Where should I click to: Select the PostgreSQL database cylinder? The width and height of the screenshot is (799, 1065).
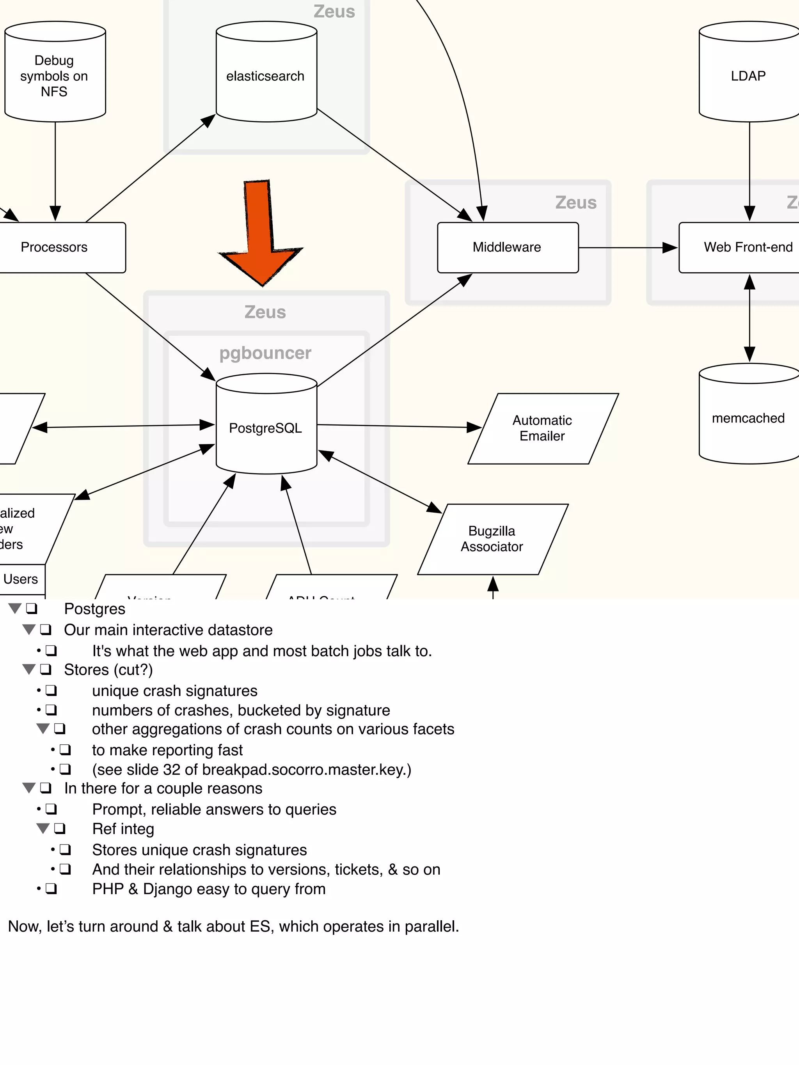(266, 428)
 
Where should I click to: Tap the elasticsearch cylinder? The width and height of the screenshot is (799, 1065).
(266, 76)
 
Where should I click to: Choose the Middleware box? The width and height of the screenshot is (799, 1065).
(507, 247)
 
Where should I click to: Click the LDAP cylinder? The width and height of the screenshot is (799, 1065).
(748, 76)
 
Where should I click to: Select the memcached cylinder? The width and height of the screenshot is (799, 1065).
(748, 418)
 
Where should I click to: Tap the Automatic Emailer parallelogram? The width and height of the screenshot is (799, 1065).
(542, 428)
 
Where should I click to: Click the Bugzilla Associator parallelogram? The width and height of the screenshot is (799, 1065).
(492, 539)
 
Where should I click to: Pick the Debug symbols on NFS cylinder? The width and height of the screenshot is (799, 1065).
(54, 76)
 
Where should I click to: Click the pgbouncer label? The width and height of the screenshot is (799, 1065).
(265, 353)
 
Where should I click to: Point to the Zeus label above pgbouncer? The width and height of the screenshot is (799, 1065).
(265, 312)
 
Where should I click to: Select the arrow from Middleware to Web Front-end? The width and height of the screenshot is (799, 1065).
(626, 247)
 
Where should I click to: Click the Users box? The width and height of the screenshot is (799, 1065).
(21, 579)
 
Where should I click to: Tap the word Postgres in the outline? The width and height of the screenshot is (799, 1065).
(94, 609)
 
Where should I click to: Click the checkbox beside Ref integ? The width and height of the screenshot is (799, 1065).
(60, 829)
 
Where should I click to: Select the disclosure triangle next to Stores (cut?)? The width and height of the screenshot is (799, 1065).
(29, 669)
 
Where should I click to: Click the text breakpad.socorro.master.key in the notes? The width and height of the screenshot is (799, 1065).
(304, 769)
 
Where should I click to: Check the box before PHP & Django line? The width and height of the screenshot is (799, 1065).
(51, 889)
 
